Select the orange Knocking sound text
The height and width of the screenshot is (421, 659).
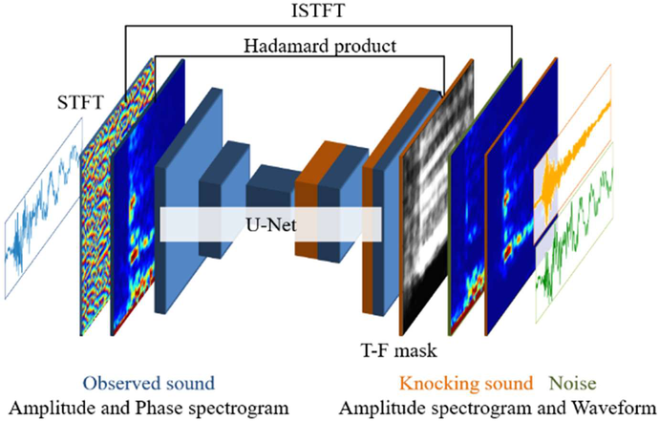466,384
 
